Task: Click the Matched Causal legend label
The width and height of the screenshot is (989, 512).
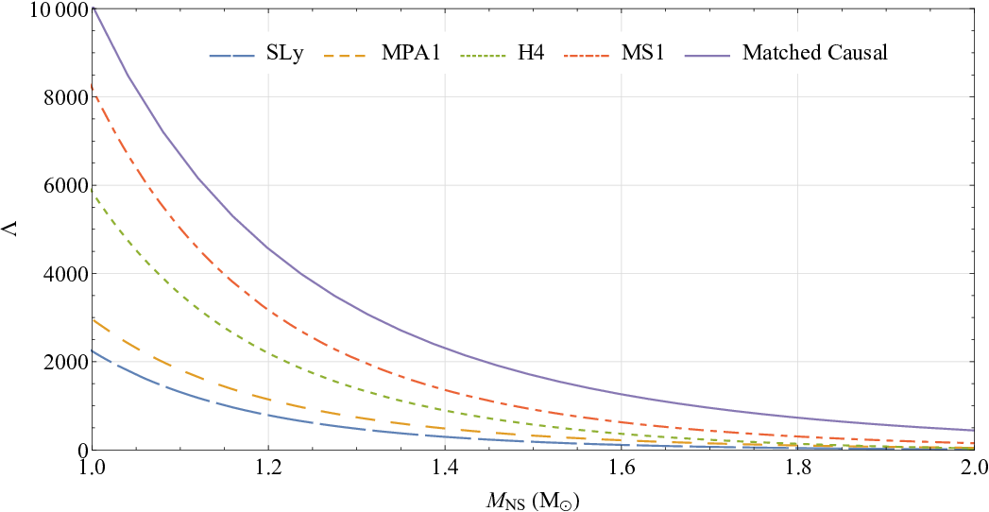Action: tap(815, 54)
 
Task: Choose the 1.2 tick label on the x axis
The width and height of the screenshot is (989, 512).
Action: tap(268, 469)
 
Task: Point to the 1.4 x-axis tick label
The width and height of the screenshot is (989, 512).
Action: tap(445, 469)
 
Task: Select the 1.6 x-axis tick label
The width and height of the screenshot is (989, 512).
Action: tap(622, 469)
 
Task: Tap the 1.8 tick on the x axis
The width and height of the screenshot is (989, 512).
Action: tap(798, 469)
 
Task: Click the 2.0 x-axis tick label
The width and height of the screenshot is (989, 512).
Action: tap(975, 469)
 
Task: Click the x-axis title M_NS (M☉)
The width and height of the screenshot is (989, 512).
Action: tap(534, 502)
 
